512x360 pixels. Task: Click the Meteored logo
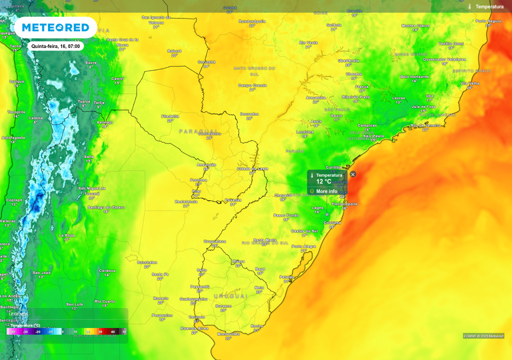(x=55, y=27)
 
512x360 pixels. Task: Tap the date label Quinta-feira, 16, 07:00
(x=55, y=46)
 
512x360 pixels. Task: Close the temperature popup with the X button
(x=353, y=174)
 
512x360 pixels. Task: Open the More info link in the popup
(x=326, y=191)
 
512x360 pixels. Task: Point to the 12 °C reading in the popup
(x=323, y=182)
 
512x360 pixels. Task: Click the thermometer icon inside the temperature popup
(x=312, y=175)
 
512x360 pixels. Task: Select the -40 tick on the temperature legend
(x=13, y=331)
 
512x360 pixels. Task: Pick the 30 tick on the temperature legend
(x=100, y=331)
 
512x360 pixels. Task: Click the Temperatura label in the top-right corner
(x=489, y=6)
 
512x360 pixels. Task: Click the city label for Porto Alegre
(x=303, y=246)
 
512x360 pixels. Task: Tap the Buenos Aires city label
(x=194, y=328)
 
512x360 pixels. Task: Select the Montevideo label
(x=228, y=333)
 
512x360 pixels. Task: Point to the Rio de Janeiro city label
(x=425, y=125)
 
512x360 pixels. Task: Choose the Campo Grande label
(x=252, y=85)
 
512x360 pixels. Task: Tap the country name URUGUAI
(x=230, y=296)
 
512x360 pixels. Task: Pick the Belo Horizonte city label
(x=414, y=76)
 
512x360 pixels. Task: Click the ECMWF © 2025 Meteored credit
(x=483, y=336)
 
